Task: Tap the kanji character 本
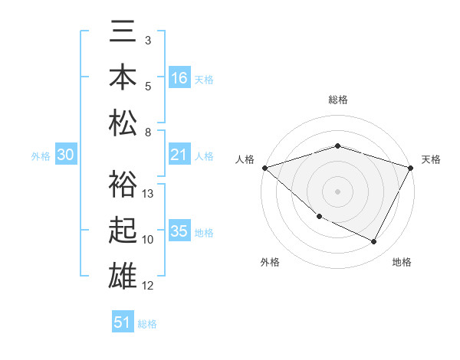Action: click(123, 79)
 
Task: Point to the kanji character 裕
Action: click(123, 186)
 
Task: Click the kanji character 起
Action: click(123, 231)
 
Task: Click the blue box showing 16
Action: click(179, 78)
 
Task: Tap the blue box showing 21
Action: click(179, 155)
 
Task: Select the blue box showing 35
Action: click(179, 231)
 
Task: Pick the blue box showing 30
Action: click(65, 155)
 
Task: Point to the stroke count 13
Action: click(149, 194)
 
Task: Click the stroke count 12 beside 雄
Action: click(149, 286)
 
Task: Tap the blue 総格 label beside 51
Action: click(147, 324)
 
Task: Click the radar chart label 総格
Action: click(338, 100)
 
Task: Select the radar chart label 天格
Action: click(431, 159)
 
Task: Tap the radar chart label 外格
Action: click(269, 262)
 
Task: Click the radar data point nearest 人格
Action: click(264, 167)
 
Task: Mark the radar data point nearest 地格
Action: click(374, 242)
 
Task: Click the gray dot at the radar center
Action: click(337, 191)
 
